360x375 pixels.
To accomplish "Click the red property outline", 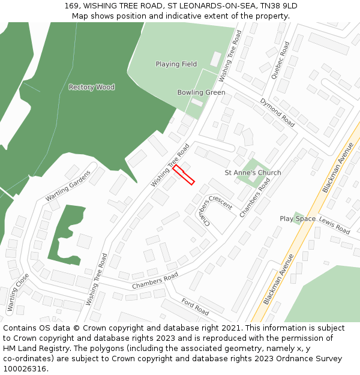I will (184, 175).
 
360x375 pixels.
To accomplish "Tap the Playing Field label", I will (176, 64).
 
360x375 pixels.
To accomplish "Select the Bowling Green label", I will (201, 92).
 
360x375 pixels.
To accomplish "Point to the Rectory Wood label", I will (91, 87).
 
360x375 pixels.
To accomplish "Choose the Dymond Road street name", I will (277, 113).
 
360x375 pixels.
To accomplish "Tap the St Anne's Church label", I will (253, 173).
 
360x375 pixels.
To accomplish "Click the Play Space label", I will (298, 218).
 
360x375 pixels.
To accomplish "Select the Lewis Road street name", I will (334, 226).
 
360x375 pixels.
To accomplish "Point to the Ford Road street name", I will (195, 308).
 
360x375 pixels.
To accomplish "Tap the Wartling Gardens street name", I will (68, 185).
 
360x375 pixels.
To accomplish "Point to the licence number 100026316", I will (25, 368).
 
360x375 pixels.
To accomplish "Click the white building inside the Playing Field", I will (215, 59).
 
